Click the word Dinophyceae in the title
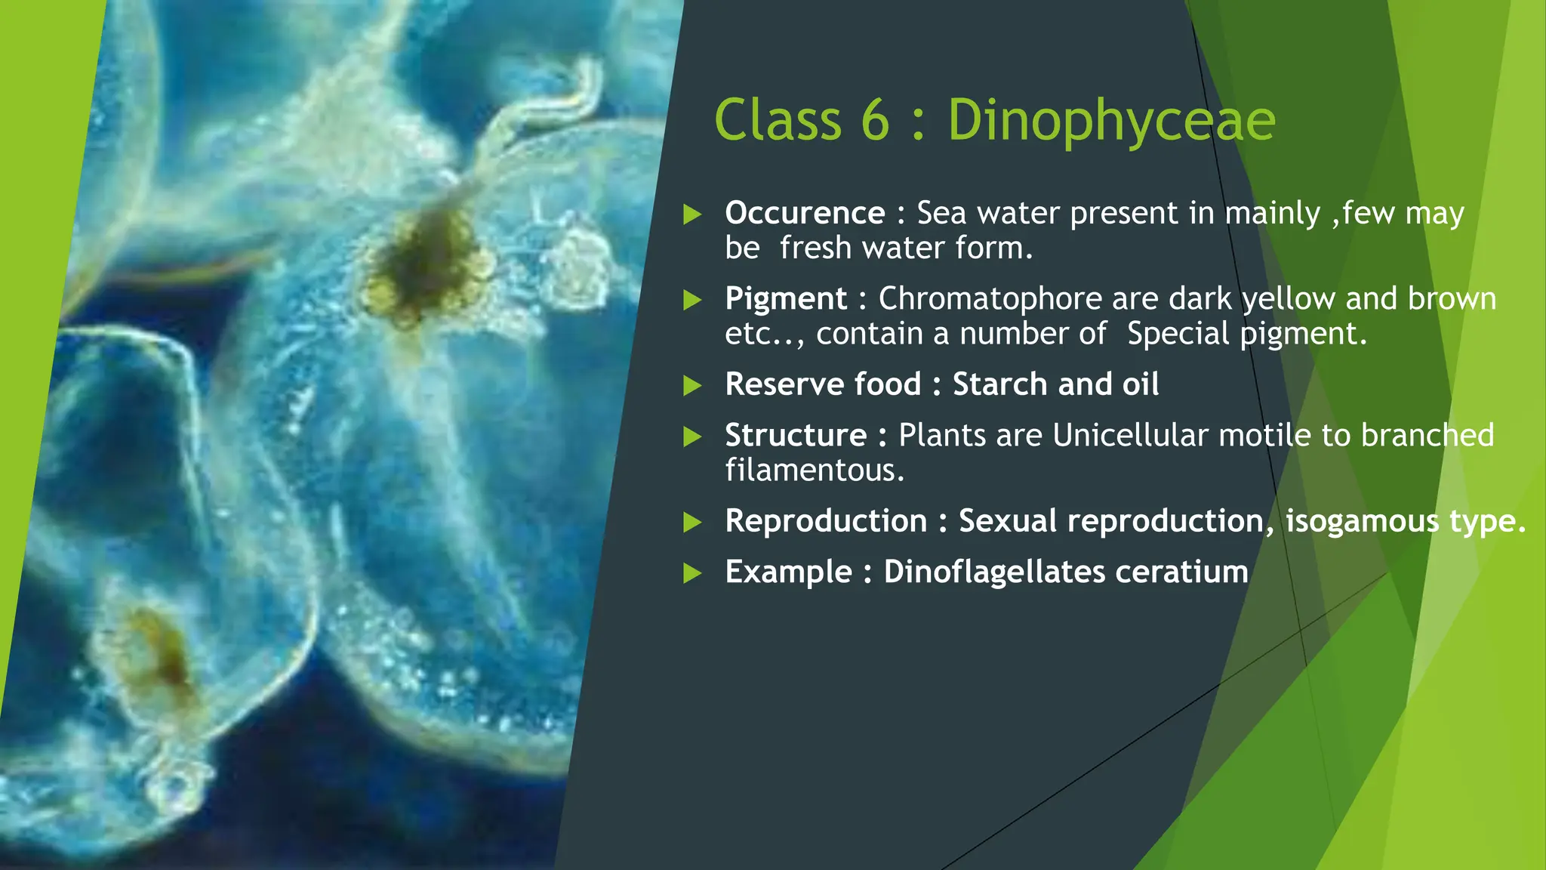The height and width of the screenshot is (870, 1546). (x=1110, y=121)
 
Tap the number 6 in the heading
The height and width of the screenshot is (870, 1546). (x=875, y=121)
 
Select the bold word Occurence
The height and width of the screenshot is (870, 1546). (x=805, y=214)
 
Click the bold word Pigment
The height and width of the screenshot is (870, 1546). (x=786, y=299)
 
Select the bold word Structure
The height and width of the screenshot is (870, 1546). (x=796, y=436)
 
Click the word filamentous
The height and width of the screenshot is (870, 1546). (x=815, y=470)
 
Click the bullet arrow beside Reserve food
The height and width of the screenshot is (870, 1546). (x=692, y=386)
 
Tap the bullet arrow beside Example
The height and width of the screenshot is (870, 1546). (x=692, y=573)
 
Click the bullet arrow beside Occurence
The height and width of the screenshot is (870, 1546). (x=692, y=214)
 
